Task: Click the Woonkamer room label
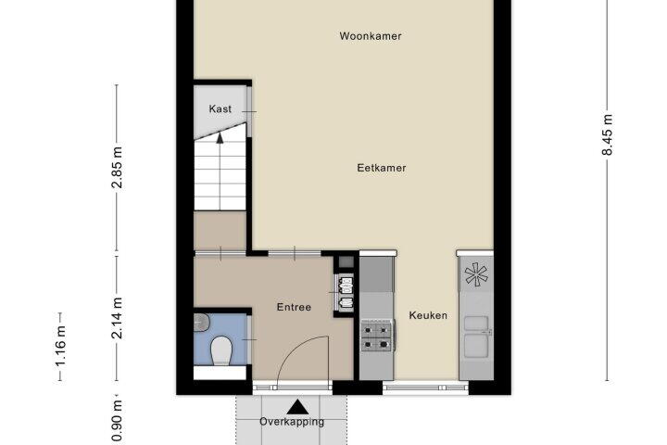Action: [x=370, y=36]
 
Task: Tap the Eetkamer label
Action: [x=381, y=168]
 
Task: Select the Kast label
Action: [x=220, y=109]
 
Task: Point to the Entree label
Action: [x=294, y=307]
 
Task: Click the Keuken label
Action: [x=428, y=315]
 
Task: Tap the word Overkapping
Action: [x=292, y=422]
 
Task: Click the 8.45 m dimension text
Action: [x=608, y=134]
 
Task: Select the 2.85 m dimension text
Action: [x=117, y=168]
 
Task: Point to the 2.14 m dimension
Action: [x=117, y=318]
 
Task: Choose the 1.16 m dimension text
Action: [x=60, y=346]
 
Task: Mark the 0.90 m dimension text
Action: [x=117, y=421]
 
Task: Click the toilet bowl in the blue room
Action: [x=220, y=350]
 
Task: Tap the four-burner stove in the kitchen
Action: [x=377, y=336]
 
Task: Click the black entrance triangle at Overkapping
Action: [x=297, y=407]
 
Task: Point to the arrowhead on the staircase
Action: [x=220, y=137]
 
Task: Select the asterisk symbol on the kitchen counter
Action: [x=476, y=274]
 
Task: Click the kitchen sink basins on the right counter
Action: [x=476, y=337]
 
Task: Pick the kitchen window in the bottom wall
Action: [x=425, y=388]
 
